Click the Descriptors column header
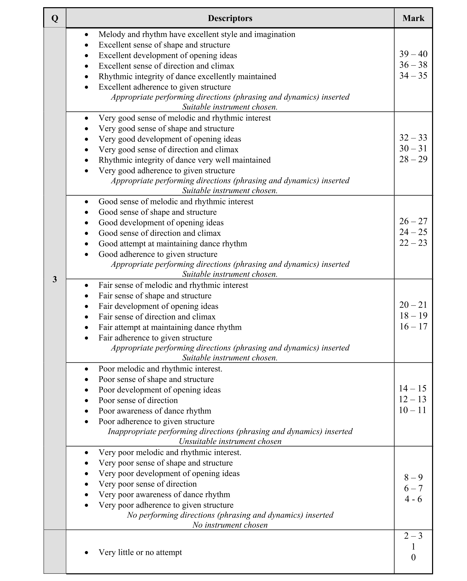point(230,18)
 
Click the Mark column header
point(413,18)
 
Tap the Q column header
point(55,18)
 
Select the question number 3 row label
point(55,279)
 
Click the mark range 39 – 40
point(413,54)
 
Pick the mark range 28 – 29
point(413,159)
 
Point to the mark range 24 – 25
point(413,232)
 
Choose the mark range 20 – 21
point(413,305)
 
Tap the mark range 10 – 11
point(413,410)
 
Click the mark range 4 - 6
point(413,499)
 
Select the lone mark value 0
point(413,557)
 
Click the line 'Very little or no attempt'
point(140,553)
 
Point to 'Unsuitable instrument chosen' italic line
point(230,441)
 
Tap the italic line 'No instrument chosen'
point(230,525)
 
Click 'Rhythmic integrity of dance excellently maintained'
point(187,76)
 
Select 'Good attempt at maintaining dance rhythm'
point(173,244)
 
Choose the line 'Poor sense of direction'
point(138,400)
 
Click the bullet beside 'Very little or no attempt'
point(86,553)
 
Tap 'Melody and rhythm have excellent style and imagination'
point(197,34)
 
